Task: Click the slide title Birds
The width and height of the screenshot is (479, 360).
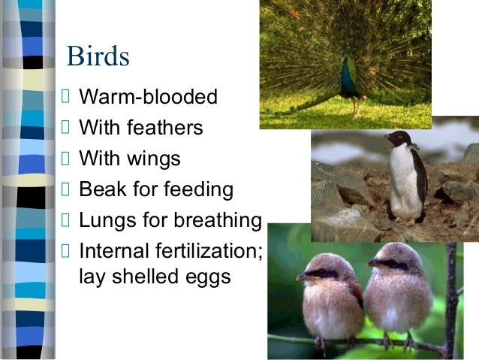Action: [x=98, y=57]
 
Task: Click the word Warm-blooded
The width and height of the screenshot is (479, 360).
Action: [x=148, y=98]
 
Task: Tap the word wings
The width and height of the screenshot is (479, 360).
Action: [x=155, y=159]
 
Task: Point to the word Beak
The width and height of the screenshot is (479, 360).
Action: [x=102, y=190]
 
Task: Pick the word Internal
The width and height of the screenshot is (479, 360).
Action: [x=112, y=251]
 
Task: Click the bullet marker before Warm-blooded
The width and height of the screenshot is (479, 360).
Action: [x=65, y=97]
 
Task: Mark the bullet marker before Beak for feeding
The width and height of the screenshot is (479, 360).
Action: [x=65, y=189]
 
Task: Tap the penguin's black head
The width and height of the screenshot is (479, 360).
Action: [x=399, y=138]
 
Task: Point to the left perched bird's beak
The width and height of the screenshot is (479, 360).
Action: [x=302, y=276]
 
